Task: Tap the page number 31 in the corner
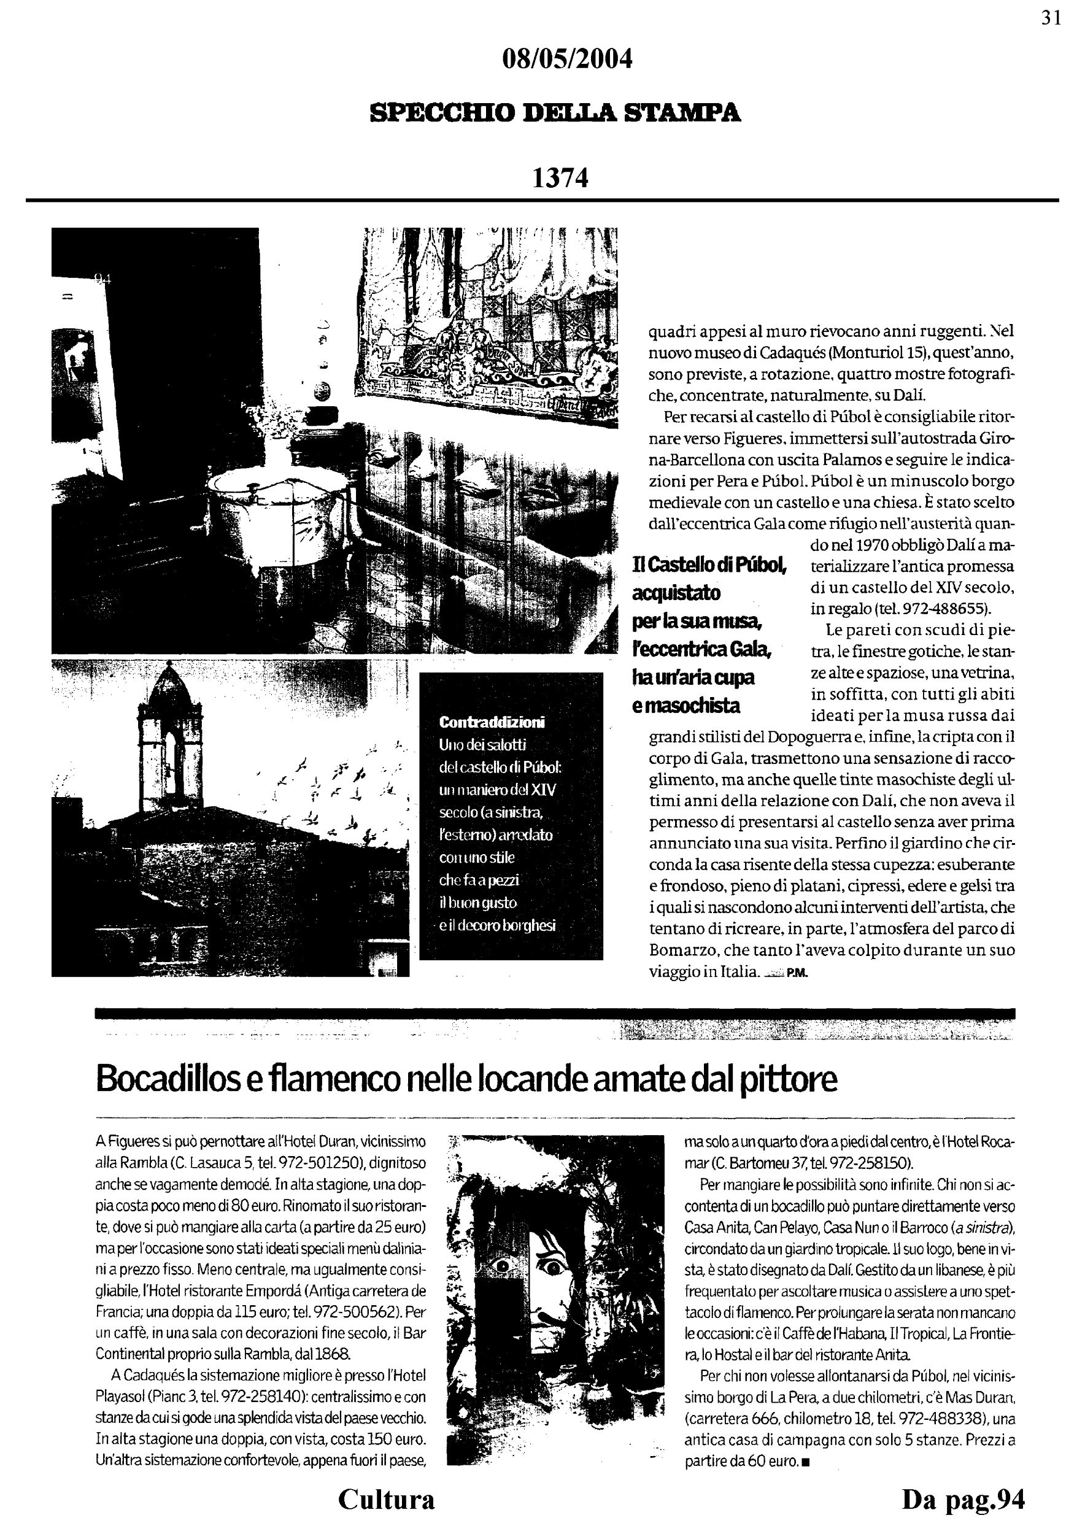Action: [1051, 18]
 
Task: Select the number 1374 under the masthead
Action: [560, 178]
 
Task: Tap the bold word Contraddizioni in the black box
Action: [492, 722]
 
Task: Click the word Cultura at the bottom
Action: [386, 1499]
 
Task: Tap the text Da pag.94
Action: [963, 1499]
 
